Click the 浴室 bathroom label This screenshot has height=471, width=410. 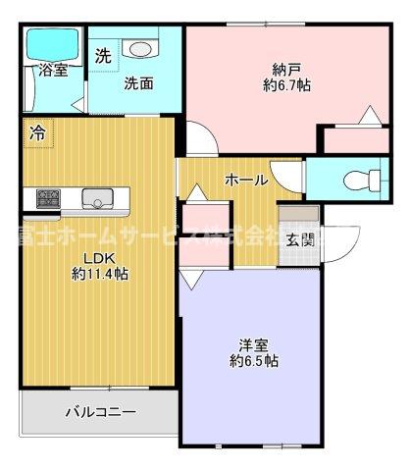click(53, 72)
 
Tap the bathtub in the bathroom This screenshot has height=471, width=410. click(53, 43)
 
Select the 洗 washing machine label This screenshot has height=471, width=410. click(103, 56)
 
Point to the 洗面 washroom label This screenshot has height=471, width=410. click(137, 83)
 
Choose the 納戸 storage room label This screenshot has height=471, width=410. click(286, 69)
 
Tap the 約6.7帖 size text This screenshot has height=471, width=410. click(286, 85)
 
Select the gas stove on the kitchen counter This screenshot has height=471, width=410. click(47, 199)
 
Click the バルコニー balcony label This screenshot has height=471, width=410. click(101, 412)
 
